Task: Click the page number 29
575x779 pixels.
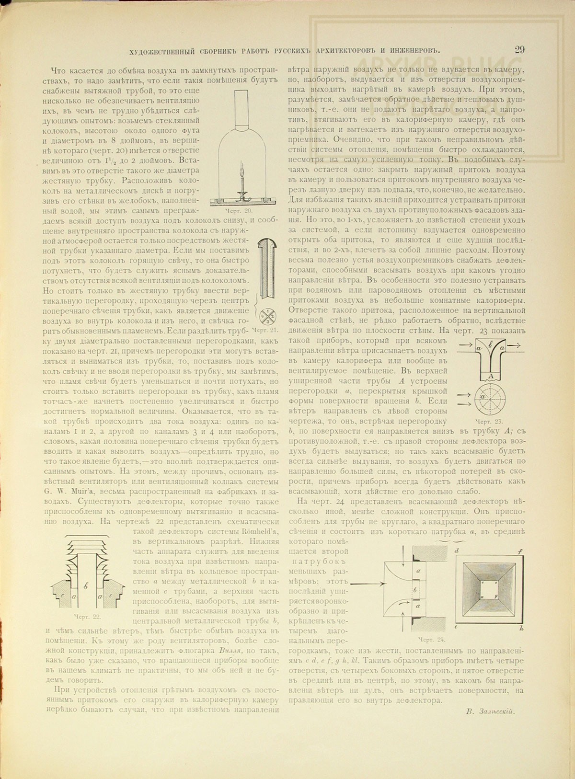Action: point(519,50)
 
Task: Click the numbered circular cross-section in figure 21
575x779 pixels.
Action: point(267,317)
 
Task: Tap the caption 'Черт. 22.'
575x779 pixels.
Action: point(87,616)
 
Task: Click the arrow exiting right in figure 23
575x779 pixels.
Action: point(517,344)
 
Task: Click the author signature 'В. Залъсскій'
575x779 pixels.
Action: point(490,711)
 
